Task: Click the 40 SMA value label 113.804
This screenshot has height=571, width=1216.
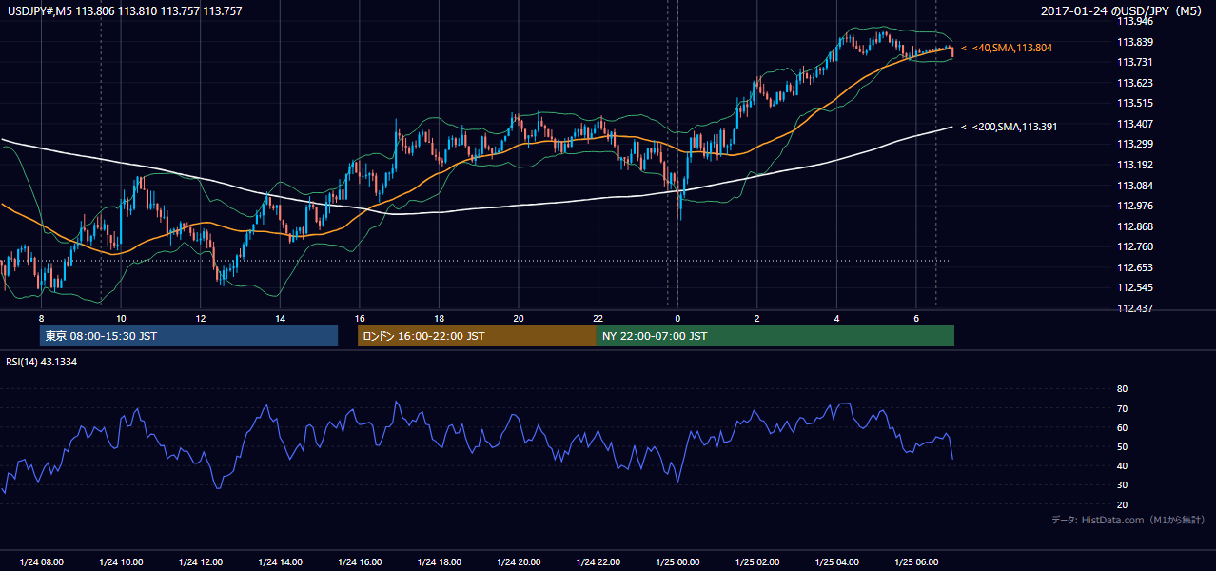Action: pos(1007,48)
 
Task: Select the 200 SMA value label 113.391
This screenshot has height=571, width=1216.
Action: pos(1009,127)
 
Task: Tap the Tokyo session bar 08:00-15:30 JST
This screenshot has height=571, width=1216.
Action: pos(189,336)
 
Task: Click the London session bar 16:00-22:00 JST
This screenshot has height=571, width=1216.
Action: pos(477,336)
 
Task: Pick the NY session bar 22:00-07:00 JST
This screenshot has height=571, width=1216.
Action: pos(775,336)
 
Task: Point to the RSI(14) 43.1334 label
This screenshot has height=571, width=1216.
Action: pos(41,362)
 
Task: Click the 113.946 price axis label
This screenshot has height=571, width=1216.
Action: pos(1134,22)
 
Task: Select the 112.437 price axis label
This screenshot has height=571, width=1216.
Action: pos(1134,308)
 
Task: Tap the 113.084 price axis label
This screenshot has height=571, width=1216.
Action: pos(1134,186)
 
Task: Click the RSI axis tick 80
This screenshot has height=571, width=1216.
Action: pos(1122,388)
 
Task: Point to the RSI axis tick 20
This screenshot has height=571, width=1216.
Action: pos(1122,504)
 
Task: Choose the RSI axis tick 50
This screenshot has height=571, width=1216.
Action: pos(1122,446)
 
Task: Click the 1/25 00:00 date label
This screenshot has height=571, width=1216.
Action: pos(677,561)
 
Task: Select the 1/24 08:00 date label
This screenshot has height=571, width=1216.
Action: pos(41,561)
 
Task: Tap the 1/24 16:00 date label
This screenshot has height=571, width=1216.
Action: pos(360,561)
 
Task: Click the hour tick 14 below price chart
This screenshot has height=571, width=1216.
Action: pos(280,319)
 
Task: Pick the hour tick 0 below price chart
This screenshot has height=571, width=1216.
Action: pos(677,319)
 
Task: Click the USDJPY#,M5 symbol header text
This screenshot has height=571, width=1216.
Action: pos(40,11)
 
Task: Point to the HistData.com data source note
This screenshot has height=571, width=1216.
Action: pos(1128,520)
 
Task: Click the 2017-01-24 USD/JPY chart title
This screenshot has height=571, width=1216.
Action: pos(1121,10)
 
